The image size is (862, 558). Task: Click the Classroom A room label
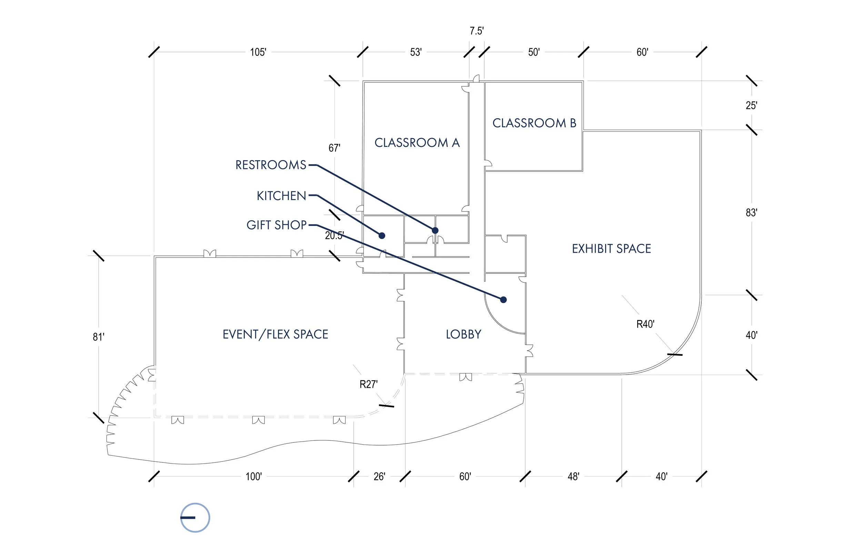417,143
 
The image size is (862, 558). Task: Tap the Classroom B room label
534,123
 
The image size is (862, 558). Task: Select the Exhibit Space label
611,249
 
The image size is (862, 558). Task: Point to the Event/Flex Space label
275,334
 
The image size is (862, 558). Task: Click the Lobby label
464,334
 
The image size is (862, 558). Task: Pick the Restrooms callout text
271,165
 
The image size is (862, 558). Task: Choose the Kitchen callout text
281,196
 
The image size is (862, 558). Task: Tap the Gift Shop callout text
276,225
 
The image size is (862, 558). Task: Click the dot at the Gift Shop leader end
503,300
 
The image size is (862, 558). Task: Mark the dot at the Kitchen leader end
382,236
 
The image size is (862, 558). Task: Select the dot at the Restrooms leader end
435,230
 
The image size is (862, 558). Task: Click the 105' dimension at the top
258,52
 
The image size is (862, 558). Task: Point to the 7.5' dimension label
477,31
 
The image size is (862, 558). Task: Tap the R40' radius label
645,324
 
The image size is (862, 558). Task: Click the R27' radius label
368,384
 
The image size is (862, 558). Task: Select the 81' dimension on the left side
99,337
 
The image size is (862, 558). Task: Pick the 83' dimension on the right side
752,213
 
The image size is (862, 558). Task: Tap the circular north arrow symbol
195,517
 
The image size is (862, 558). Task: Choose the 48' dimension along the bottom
573,477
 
